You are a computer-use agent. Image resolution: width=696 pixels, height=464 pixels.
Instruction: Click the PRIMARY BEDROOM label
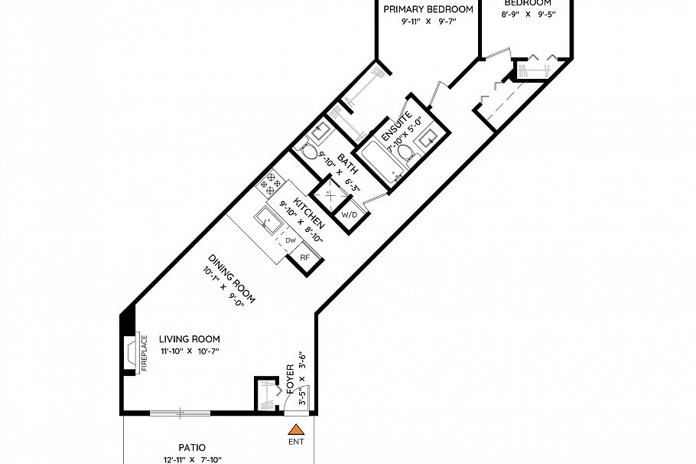point(428,9)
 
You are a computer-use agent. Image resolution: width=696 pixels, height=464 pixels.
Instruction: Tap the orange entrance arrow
point(296,429)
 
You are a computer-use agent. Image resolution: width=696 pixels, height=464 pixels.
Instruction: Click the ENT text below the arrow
point(296,443)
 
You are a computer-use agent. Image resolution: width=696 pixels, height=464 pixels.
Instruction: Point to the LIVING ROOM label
point(190,338)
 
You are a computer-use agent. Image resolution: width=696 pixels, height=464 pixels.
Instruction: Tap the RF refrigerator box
point(304,258)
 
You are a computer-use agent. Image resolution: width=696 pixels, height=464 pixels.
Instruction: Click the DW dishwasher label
point(291,240)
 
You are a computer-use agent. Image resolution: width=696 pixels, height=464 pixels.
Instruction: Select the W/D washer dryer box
point(350,215)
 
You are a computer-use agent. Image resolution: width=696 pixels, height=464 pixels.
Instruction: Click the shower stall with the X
point(329,196)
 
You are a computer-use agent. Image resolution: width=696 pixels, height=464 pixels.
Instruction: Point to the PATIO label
point(192,447)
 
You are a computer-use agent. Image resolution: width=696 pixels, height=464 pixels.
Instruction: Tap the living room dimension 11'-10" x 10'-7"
point(190,351)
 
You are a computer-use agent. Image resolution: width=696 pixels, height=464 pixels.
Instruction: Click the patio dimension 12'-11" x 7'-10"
point(192,459)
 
